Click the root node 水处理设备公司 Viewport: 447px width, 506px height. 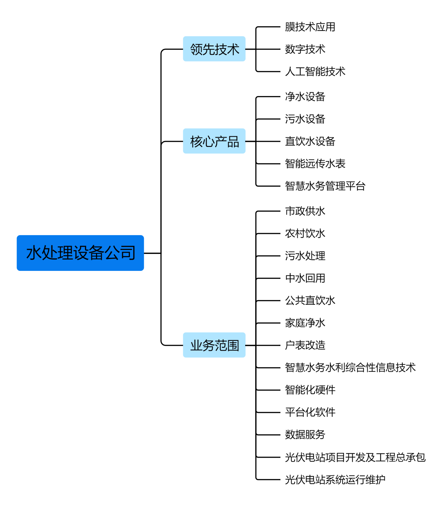coord(80,253)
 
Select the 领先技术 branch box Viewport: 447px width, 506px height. coord(214,49)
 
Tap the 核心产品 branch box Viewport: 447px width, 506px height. coord(214,141)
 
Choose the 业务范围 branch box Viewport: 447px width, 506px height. coord(214,345)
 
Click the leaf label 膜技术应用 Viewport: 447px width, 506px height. coord(310,27)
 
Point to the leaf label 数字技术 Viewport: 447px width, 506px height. coord(305,49)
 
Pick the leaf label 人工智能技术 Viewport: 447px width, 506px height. coord(315,71)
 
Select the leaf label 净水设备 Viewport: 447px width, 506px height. coord(305,97)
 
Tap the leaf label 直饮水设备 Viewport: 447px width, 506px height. coord(310,141)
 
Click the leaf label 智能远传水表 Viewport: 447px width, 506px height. coord(315,163)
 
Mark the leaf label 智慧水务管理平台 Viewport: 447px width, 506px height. coord(325,186)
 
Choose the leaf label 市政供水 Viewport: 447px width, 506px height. coord(305,211)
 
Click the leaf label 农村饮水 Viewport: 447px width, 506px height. coord(305,233)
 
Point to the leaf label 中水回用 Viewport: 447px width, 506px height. coord(305,278)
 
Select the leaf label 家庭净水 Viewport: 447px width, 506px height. coord(305,323)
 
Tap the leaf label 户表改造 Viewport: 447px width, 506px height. coord(305,345)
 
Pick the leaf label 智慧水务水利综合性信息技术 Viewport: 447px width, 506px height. coord(350,367)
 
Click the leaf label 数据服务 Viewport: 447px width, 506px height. coord(305,434)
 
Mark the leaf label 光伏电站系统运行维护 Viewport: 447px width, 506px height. coord(335,479)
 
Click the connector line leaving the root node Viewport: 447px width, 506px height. coord(152,253)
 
